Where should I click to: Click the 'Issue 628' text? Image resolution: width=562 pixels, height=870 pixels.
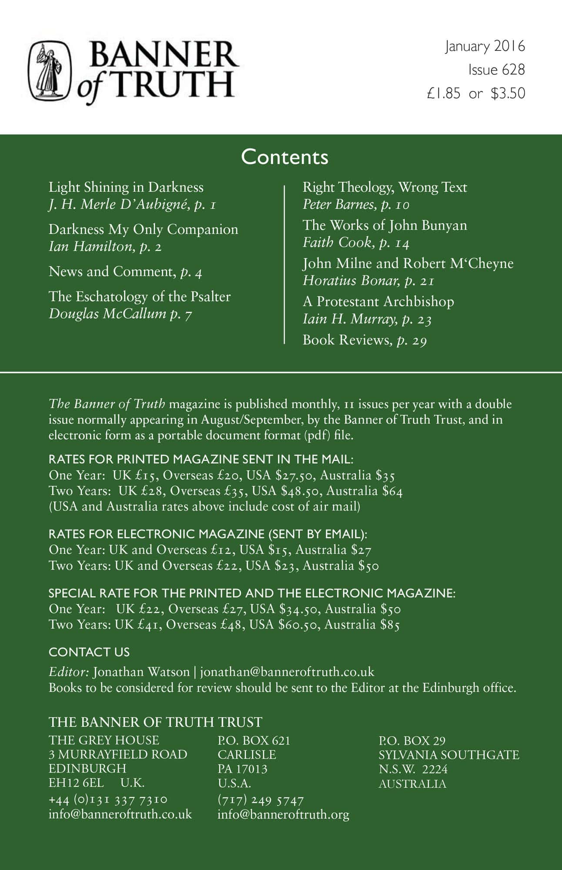[496, 70]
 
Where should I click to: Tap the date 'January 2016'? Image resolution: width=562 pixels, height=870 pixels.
[485, 46]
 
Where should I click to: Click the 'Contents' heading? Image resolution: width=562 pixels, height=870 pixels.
[284, 157]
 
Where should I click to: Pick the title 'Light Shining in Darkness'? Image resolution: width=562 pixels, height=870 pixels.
[126, 187]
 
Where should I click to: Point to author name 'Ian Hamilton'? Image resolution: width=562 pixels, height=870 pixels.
[90, 247]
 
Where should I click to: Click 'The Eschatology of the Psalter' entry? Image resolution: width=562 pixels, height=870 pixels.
[139, 297]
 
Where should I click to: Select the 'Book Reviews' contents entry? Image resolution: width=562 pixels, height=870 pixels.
[347, 340]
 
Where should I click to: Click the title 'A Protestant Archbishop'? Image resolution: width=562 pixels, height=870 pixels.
[378, 301]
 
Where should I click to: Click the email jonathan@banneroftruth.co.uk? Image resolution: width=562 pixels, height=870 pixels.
[287, 672]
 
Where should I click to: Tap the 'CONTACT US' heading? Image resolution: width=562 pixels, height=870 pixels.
[89, 652]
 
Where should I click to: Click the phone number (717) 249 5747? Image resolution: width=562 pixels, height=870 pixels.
[261, 800]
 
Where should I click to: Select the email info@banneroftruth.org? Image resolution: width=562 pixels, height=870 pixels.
[283, 814]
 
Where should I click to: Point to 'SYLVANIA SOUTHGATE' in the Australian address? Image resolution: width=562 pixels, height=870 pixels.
[448, 755]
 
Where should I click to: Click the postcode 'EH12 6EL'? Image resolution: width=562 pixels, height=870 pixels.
[76, 783]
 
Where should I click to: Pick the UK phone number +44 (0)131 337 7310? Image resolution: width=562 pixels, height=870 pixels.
[108, 800]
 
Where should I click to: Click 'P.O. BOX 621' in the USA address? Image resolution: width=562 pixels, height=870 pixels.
[254, 740]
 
